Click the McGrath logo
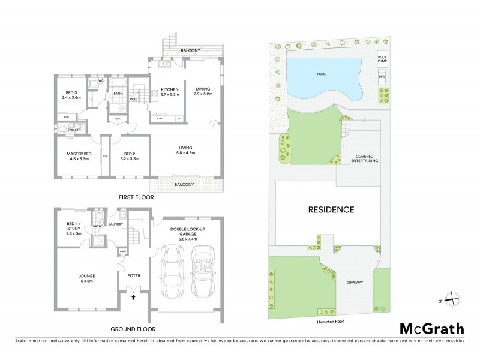[x=431, y=328]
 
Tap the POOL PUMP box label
[x=382, y=59]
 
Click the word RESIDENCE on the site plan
[x=331, y=210]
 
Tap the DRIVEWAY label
[x=355, y=281]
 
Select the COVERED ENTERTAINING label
[x=364, y=158]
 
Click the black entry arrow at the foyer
[x=134, y=296]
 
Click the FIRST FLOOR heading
[x=136, y=197]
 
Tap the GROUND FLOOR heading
[x=133, y=329]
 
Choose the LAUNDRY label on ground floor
[x=116, y=224]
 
